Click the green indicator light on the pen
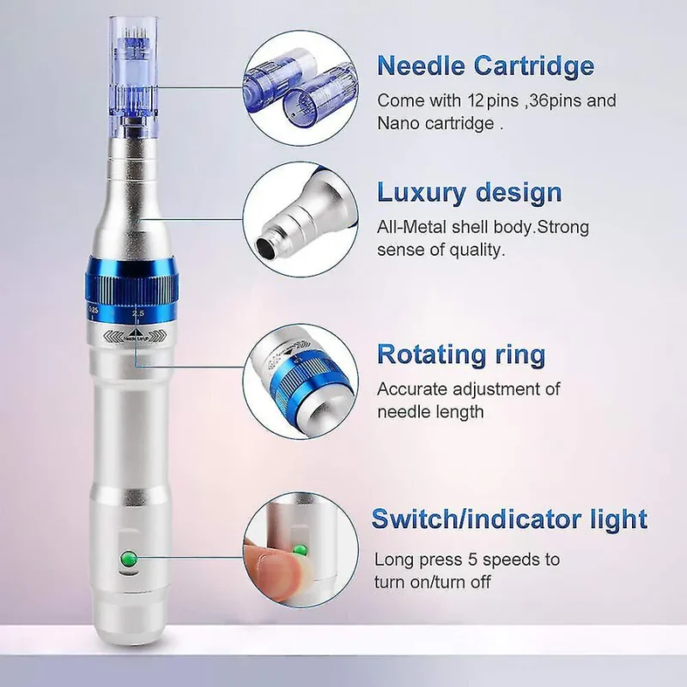point(128,559)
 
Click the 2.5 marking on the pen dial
point(138,313)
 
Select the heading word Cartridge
point(533,66)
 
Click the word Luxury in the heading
point(421,193)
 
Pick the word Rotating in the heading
point(431,354)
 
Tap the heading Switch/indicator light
point(509,519)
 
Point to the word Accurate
point(412,389)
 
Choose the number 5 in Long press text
point(471,560)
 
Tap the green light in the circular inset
point(300,550)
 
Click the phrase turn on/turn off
point(433,583)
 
